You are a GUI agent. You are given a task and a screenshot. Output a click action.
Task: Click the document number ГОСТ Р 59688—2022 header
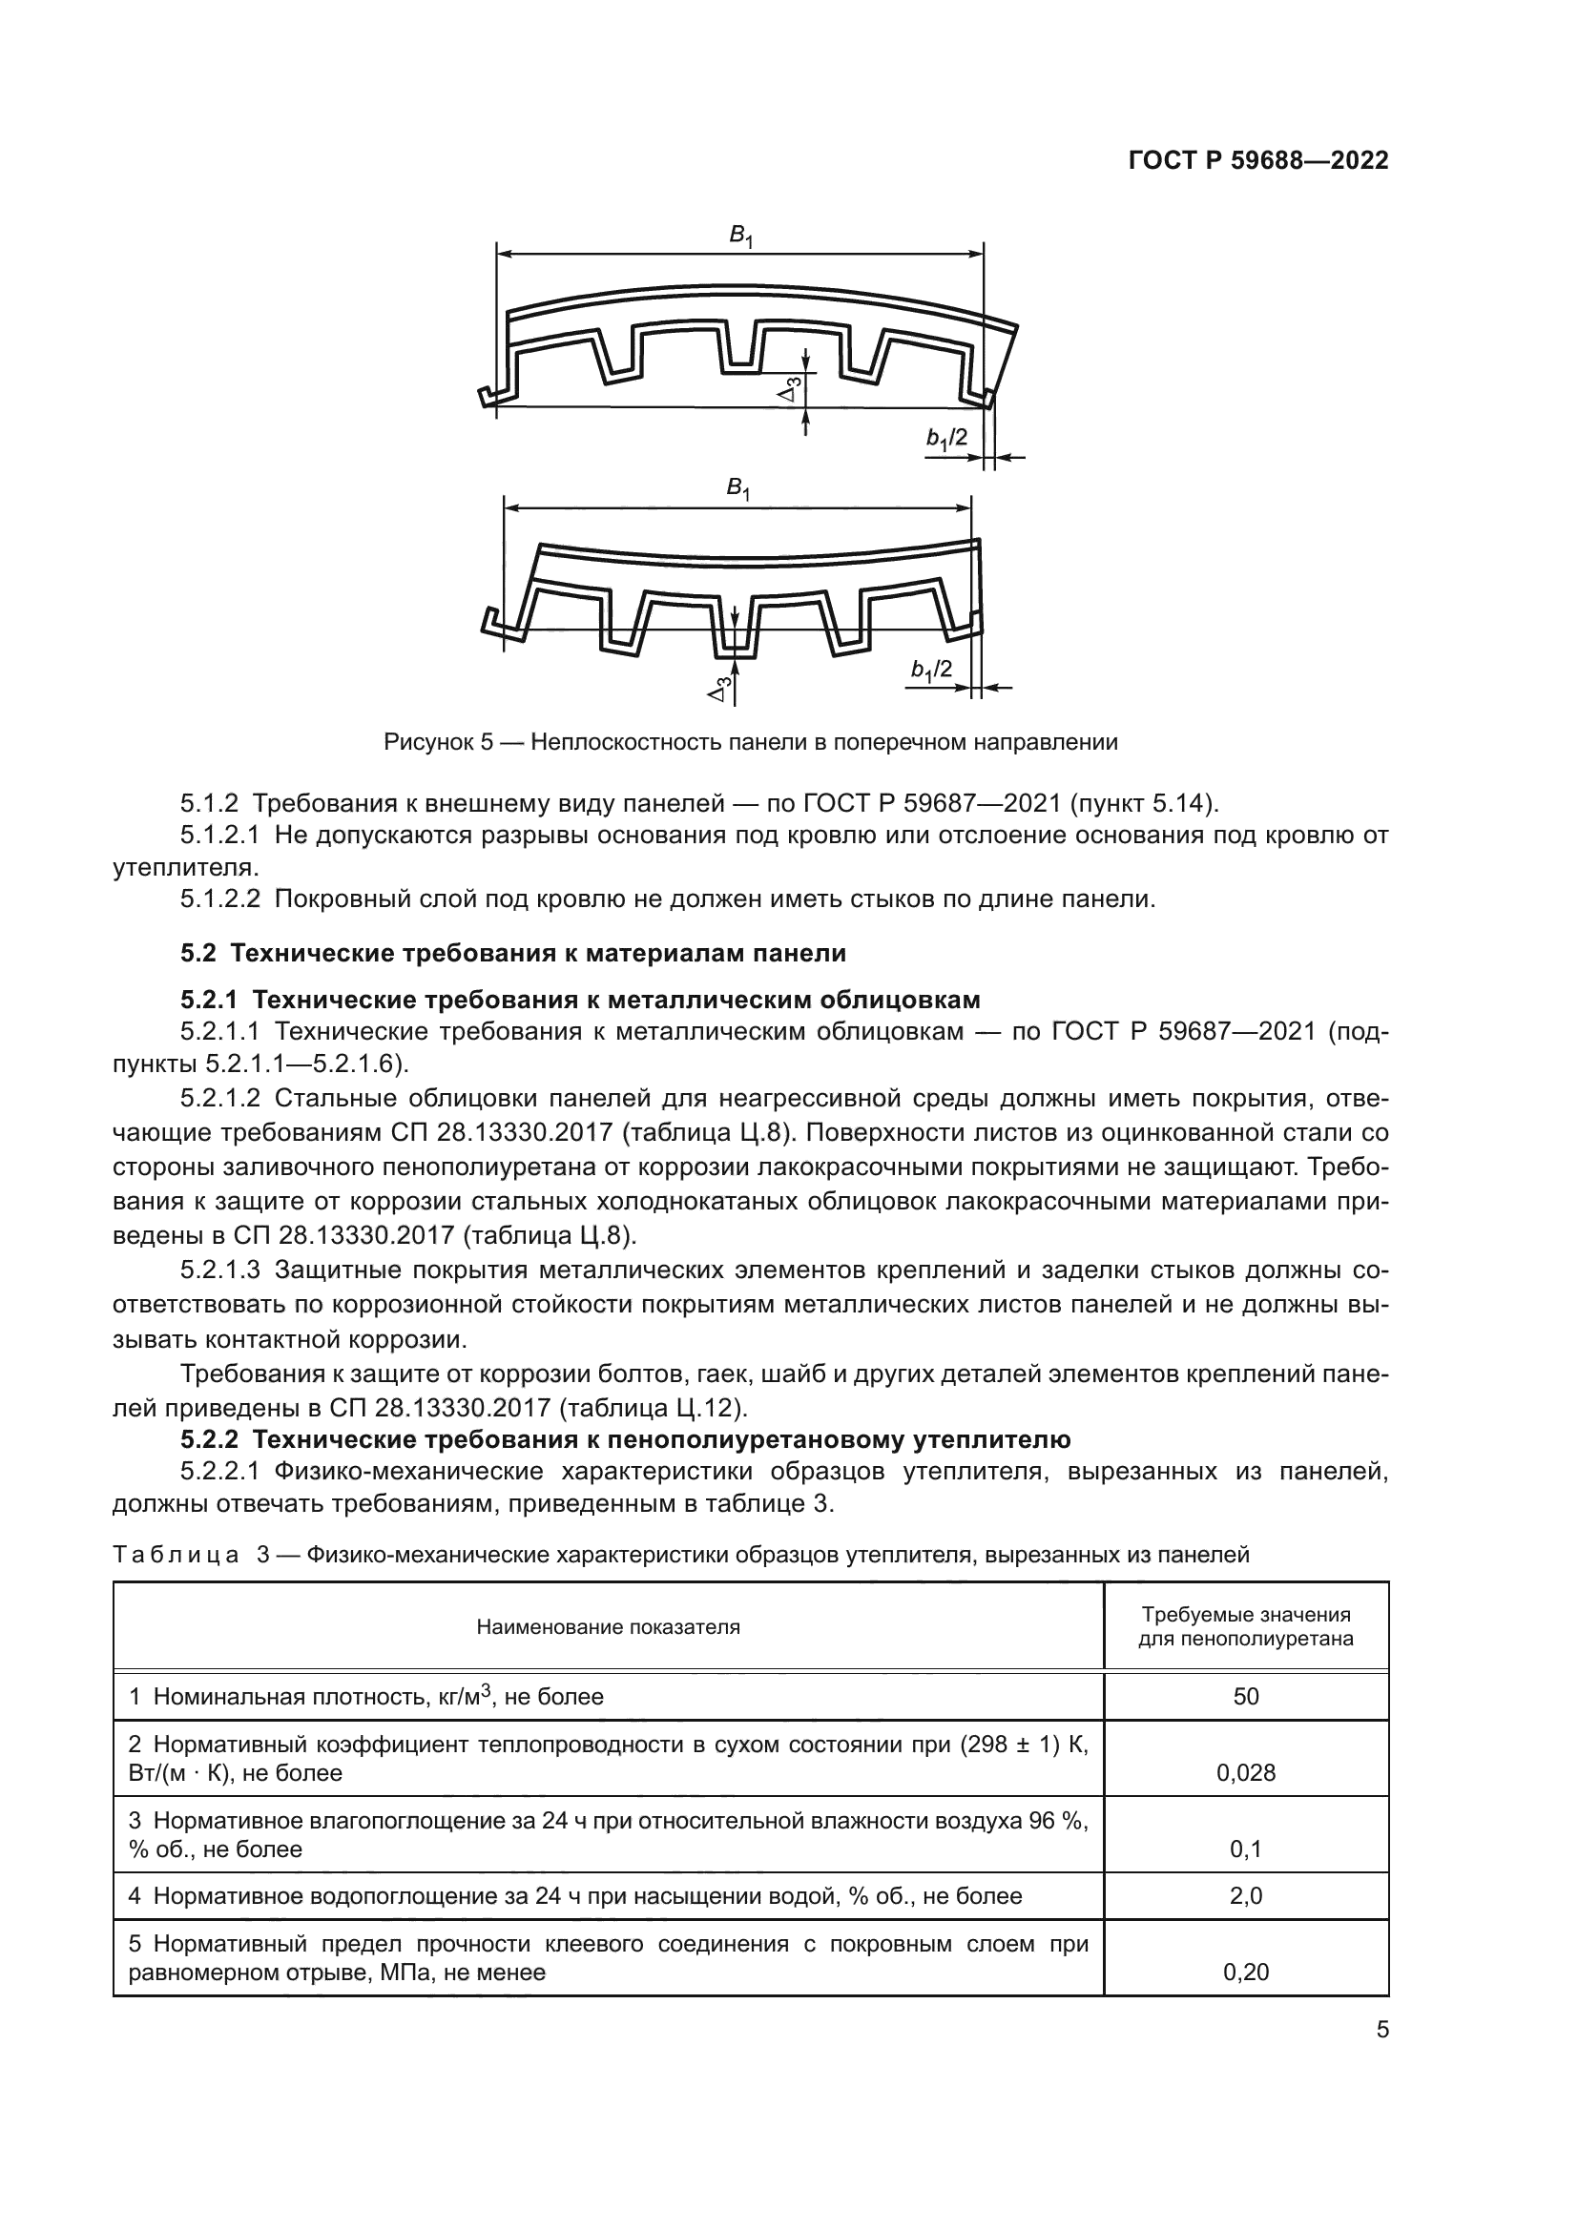[1257, 160]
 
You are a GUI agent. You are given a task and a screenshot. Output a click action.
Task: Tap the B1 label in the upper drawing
[740, 236]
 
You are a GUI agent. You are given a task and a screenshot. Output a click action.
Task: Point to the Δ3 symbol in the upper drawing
[792, 388]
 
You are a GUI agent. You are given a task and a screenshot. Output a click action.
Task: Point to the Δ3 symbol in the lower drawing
[720, 689]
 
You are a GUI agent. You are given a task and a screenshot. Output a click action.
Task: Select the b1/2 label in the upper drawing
[946, 439]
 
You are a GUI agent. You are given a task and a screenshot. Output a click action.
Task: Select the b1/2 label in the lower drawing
[931, 671]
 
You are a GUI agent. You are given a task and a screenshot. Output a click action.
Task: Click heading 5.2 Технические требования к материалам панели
[513, 952]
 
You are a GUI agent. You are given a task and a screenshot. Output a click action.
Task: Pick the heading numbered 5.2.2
[625, 1439]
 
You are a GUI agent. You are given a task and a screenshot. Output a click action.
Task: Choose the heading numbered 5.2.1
[580, 999]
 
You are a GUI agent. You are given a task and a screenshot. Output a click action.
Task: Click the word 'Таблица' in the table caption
[176, 1555]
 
